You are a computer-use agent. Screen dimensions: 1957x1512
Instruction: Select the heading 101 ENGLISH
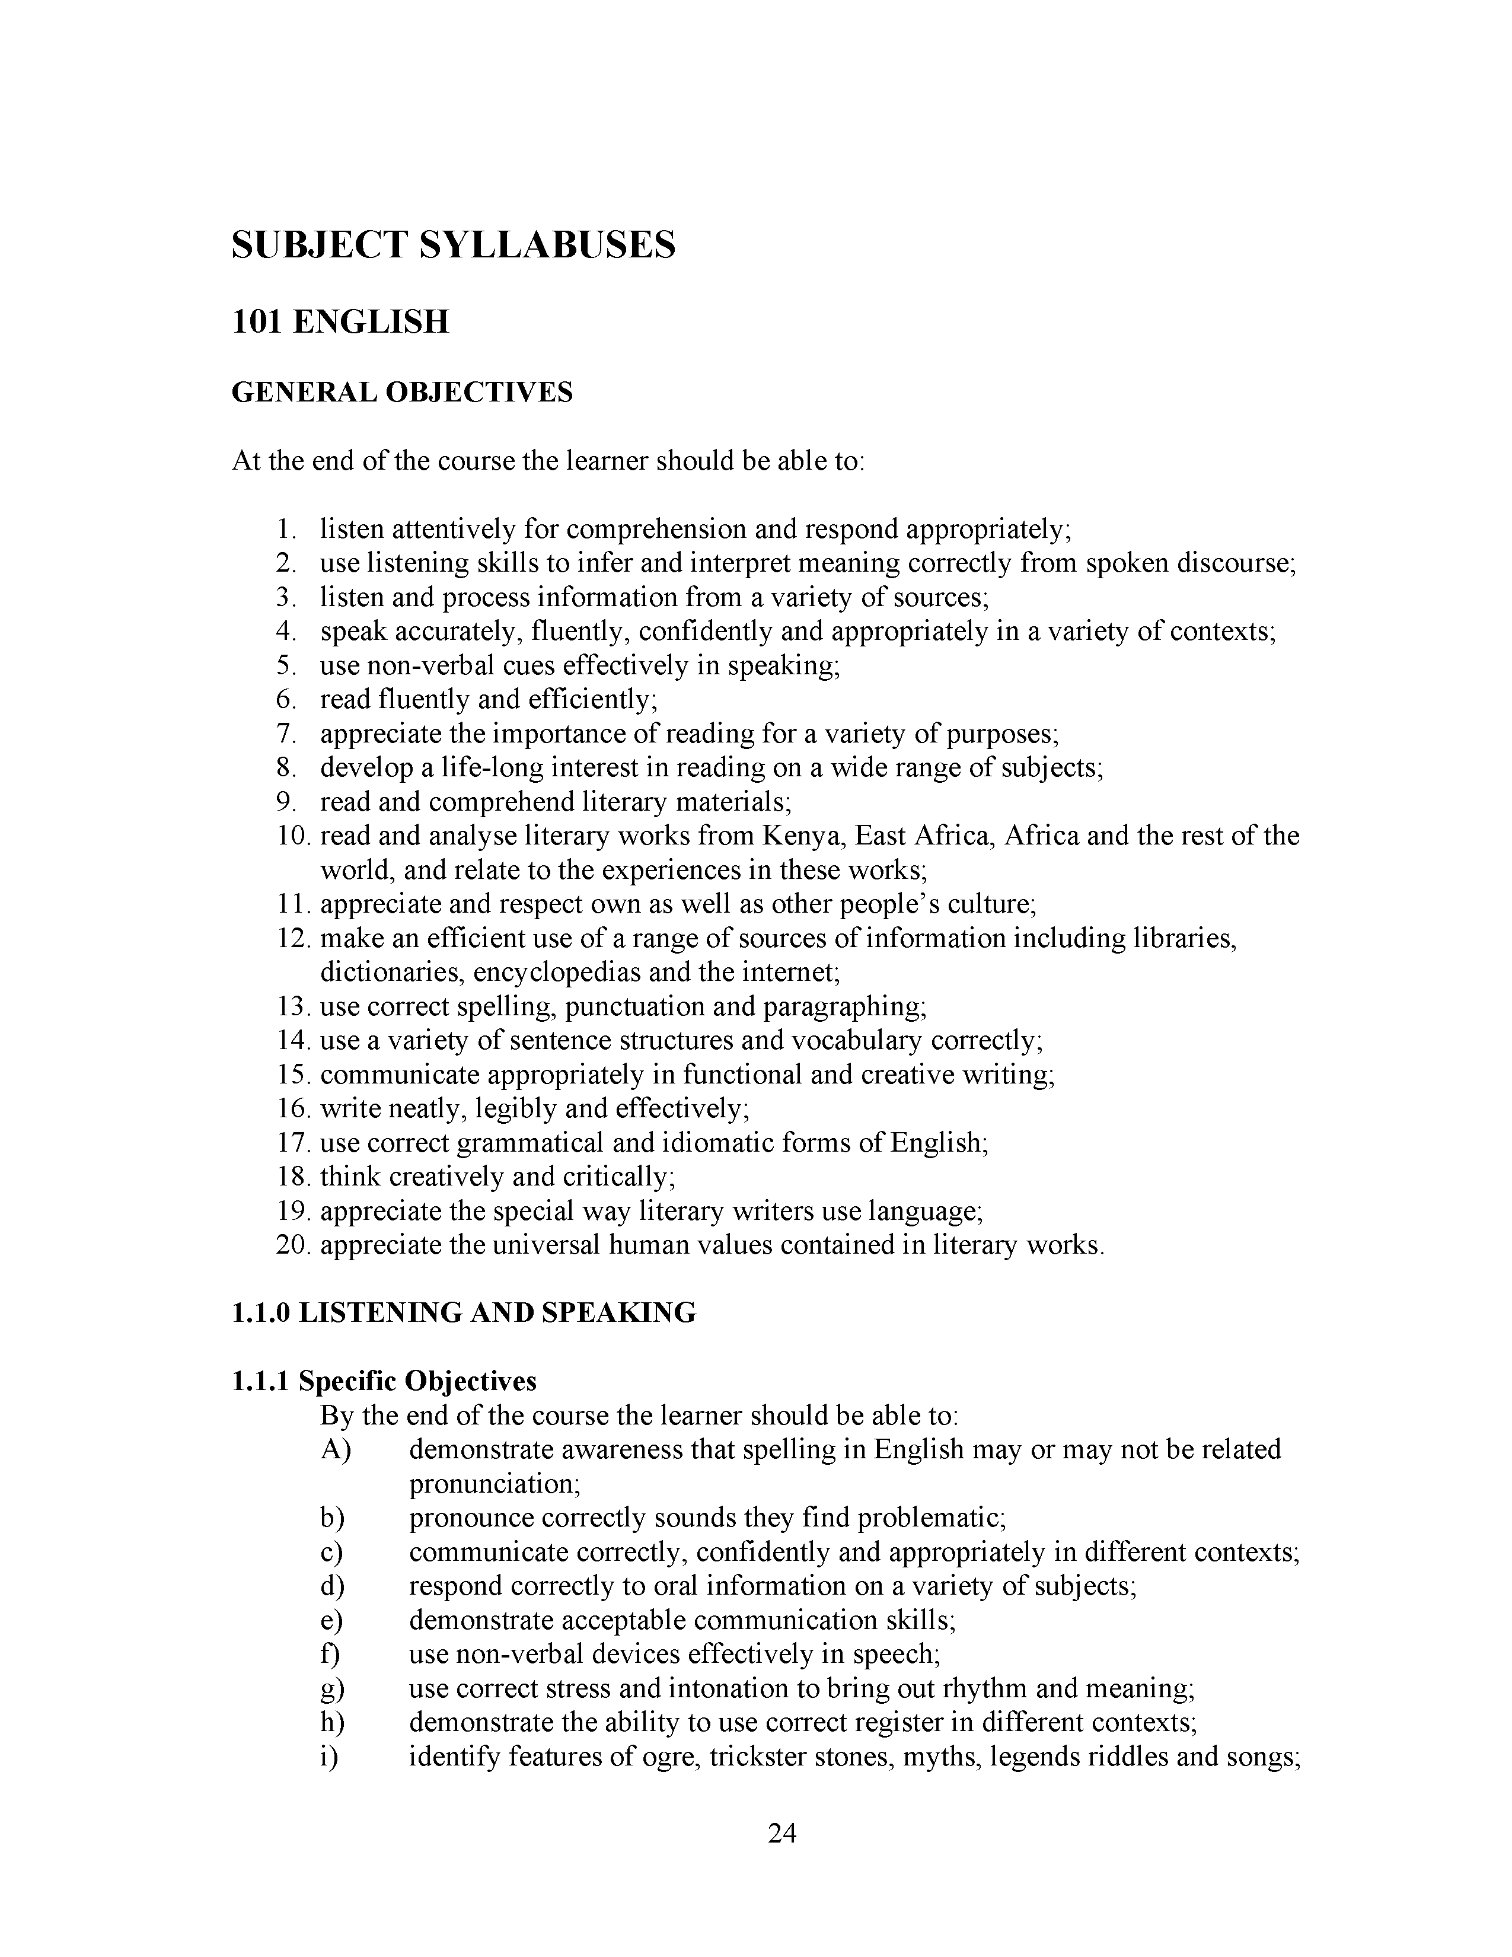coord(340,321)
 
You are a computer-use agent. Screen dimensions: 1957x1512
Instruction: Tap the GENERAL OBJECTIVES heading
coord(402,393)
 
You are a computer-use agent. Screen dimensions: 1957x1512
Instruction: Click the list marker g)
coord(332,1688)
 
